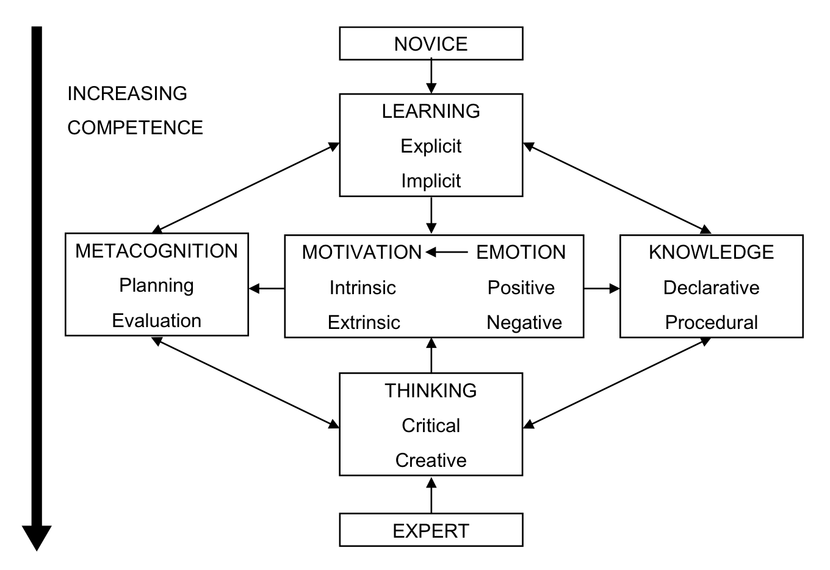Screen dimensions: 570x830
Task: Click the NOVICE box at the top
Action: pos(431,43)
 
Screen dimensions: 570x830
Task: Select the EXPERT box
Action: pos(431,530)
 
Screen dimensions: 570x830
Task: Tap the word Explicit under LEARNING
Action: pos(431,146)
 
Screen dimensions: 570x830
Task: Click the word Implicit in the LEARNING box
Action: pos(431,181)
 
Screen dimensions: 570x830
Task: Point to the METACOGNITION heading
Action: pos(156,251)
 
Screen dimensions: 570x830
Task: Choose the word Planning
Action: pos(156,286)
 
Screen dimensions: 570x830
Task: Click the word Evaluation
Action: pos(156,321)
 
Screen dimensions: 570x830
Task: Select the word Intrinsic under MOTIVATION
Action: pos(363,287)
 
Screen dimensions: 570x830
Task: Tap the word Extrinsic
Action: pos(364,322)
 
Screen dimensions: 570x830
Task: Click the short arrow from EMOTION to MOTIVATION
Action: pos(447,252)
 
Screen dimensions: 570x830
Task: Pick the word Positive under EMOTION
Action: pos(521,287)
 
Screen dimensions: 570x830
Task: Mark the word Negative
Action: pos(524,322)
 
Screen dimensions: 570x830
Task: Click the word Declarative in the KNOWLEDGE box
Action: pos(711,287)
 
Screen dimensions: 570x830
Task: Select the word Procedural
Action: pos(711,322)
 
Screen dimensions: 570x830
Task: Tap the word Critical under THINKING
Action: pos(431,425)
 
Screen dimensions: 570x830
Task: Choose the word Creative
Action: pos(431,460)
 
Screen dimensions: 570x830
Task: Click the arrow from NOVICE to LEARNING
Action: pos(431,76)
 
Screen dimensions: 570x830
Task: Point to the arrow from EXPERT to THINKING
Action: pos(431,495)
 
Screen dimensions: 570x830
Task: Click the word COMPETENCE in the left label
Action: pos(135,128)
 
